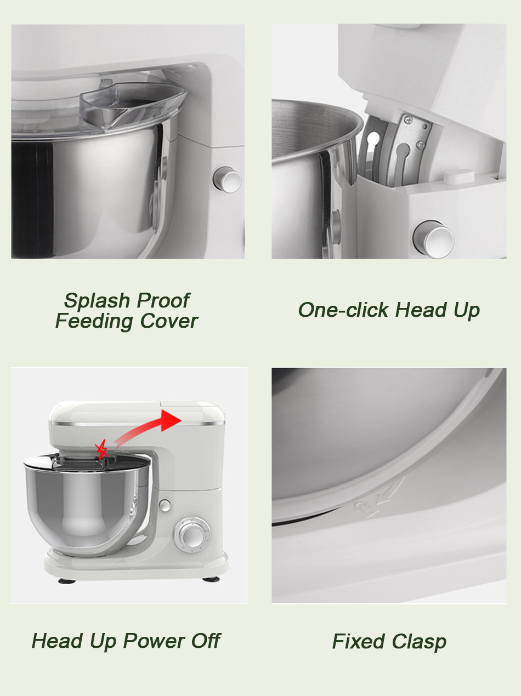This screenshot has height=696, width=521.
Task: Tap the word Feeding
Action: [x=94, y=322]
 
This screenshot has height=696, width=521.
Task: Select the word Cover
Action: [x=169, y=321]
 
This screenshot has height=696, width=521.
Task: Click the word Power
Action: [x=154, y=641]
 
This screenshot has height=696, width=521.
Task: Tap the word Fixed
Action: [x=358, y=641]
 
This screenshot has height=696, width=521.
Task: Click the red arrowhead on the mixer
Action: [x=171, y=420]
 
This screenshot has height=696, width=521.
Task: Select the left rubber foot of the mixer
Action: [x=67, y=581]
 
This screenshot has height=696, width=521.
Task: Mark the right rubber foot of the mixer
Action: [x=211, y=579]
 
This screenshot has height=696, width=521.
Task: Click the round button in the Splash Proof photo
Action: [x=227, y=180]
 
